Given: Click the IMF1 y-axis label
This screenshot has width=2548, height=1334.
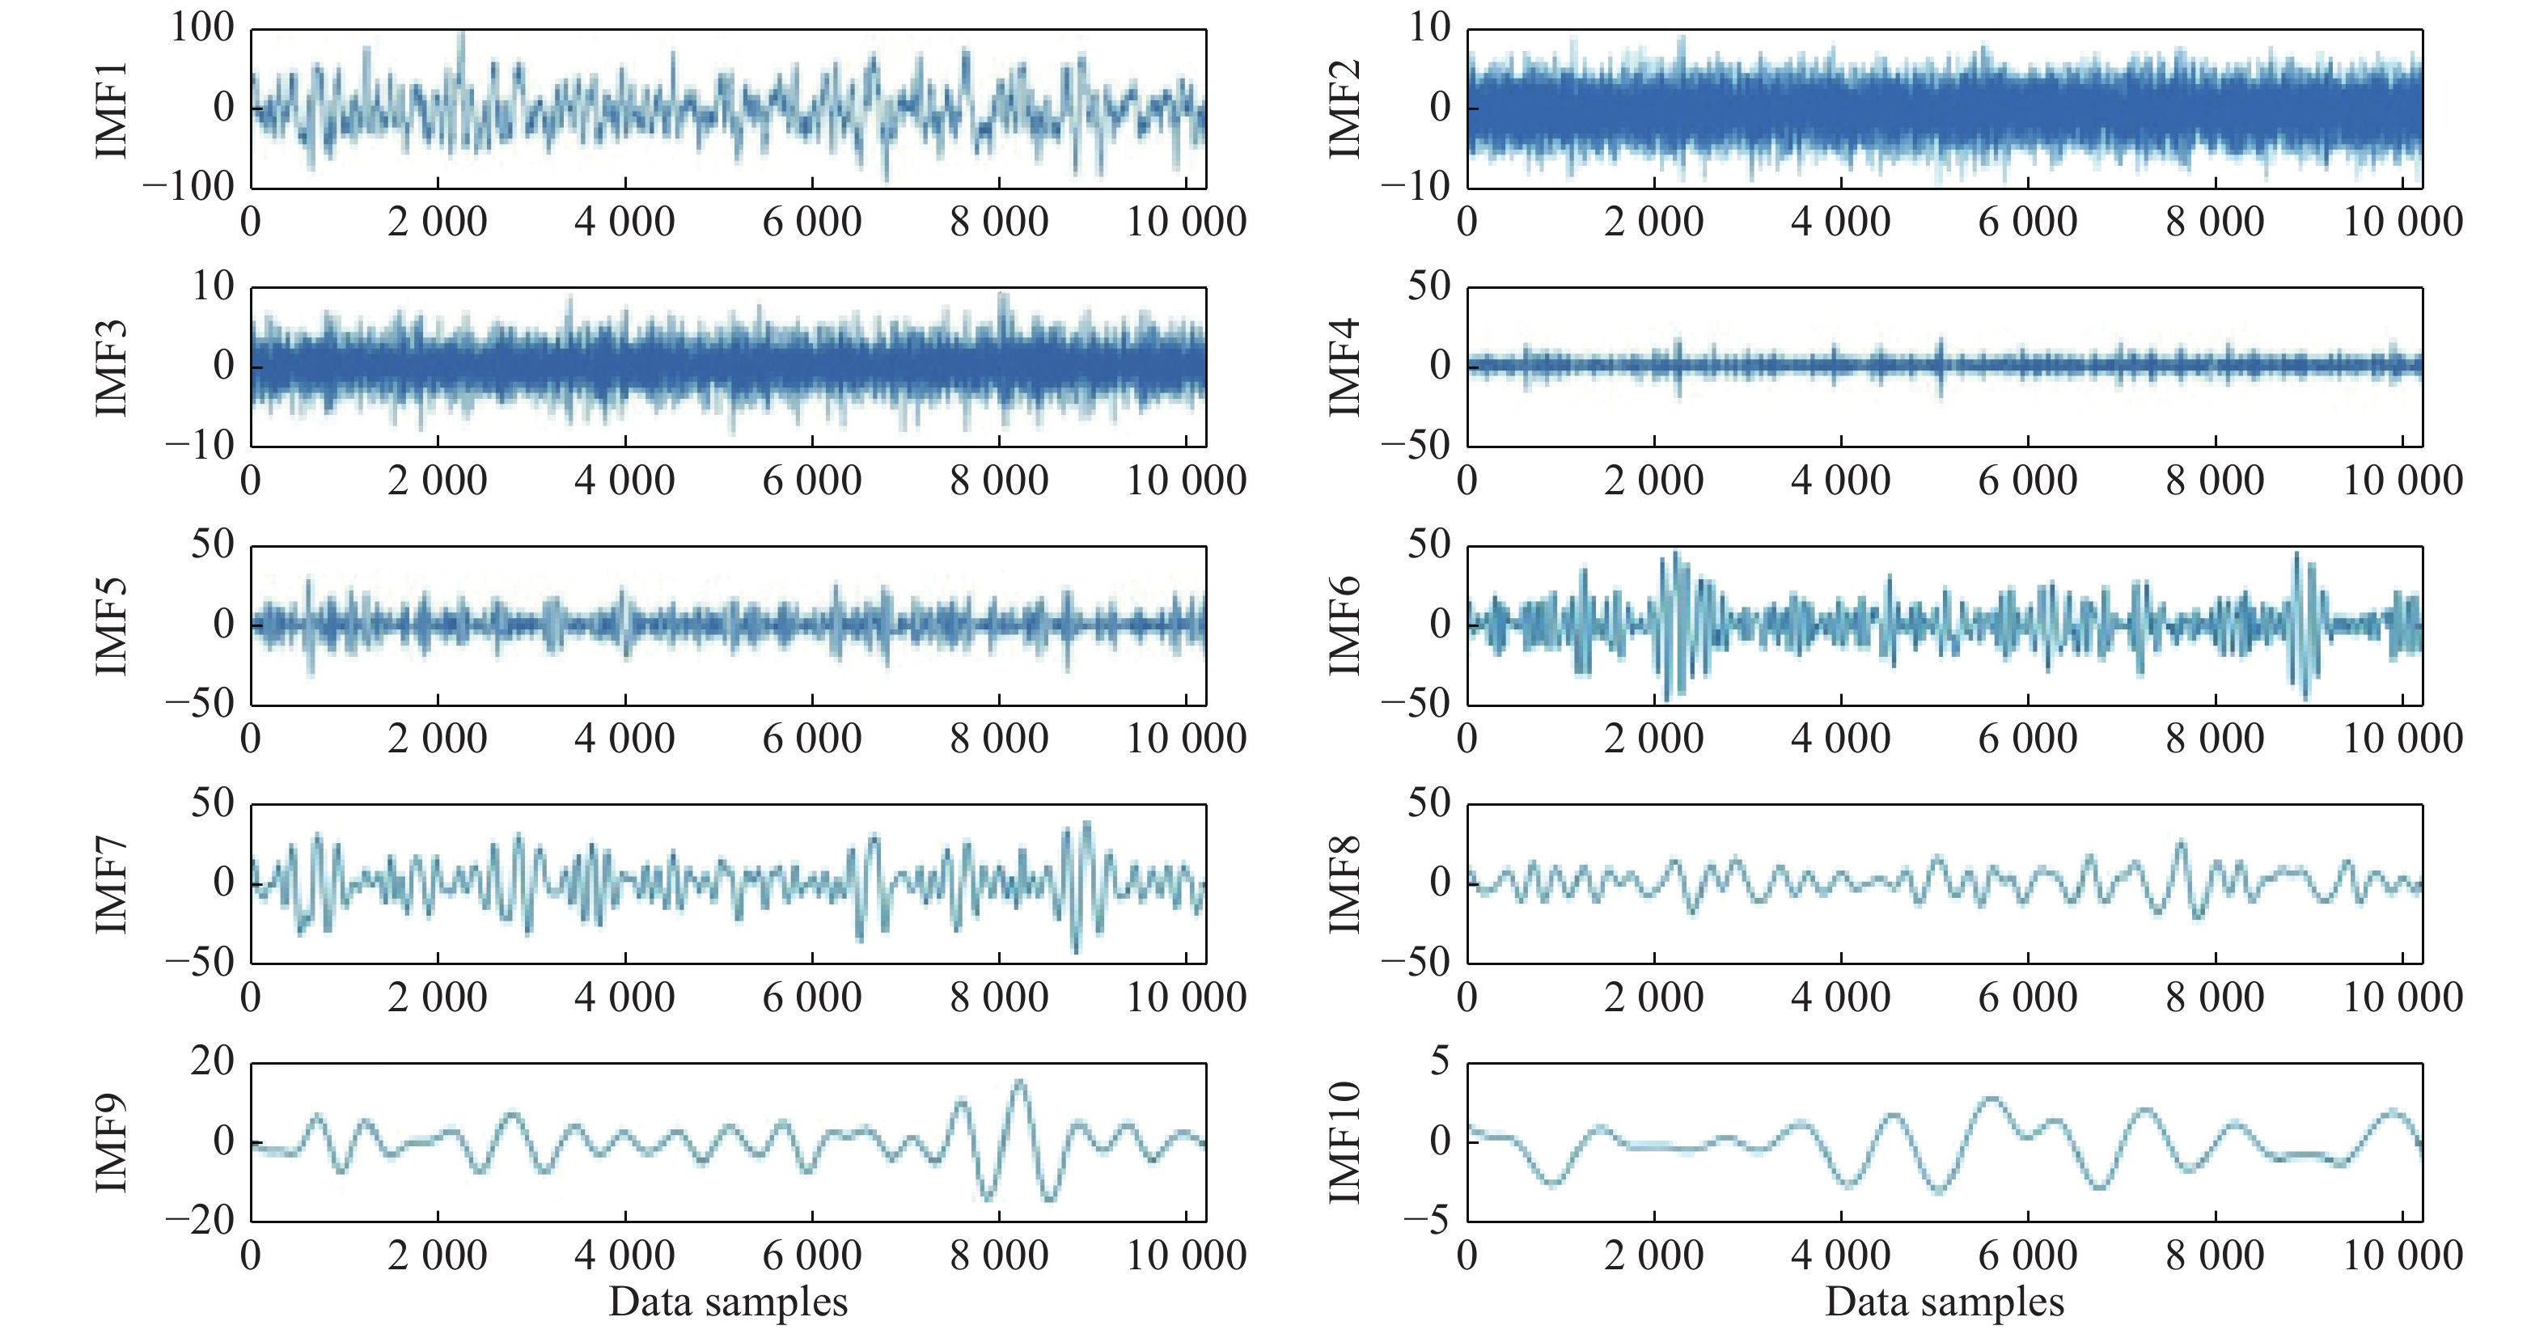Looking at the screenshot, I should (x=112, y=108).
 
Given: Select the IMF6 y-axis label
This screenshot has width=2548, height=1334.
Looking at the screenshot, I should (x=1344, y=626).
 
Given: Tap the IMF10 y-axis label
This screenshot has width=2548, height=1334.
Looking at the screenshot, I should (x=1344, y=1142).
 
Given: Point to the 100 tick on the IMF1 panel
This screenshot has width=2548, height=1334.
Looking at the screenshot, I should (x=203, y=28).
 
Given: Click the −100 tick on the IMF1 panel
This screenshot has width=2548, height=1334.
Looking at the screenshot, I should (x=190, y=186).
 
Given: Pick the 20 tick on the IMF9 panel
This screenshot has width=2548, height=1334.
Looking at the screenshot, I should (x=213, y=1062).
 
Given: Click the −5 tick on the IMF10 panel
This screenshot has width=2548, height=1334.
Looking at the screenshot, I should (x=1428, y=1222).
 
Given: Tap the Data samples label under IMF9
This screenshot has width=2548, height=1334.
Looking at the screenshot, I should (x=728, y=1302).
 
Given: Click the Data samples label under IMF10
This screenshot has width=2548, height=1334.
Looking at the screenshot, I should (x=1945, y=1302).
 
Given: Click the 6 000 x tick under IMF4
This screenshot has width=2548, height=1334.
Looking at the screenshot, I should (x=2028, y=481).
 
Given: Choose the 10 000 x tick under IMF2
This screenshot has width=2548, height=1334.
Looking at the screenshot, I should (x=2402, y=222).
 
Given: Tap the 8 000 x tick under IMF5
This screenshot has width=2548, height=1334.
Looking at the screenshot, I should (x=999, y=739).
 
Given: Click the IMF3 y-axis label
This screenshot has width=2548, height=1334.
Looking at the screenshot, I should (x=112, y=368).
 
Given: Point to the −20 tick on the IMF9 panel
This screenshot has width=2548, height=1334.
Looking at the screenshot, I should (x=200, y=1222).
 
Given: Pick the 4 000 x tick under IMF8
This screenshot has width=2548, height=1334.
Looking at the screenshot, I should (x=1841, y=997).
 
